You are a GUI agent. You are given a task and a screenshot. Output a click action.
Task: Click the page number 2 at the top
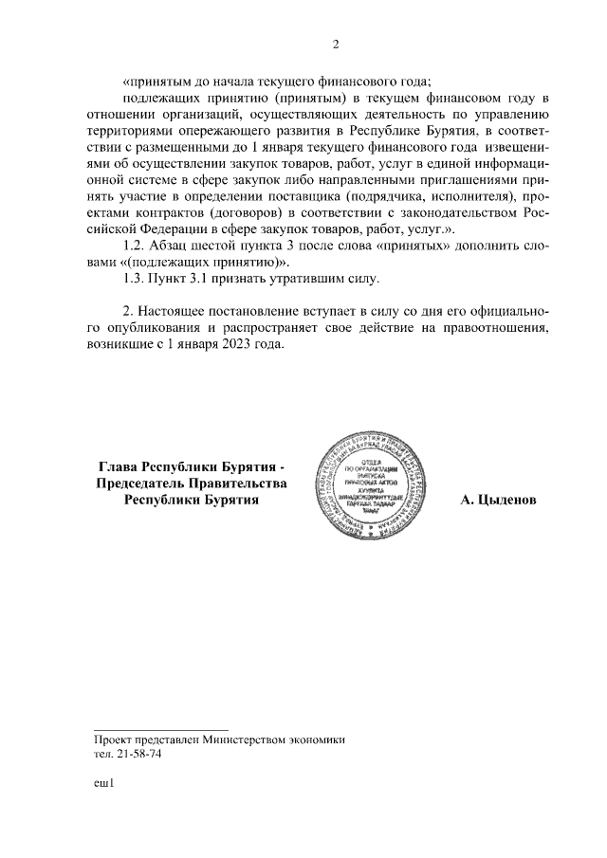pyautogui.click(x=335, y=44)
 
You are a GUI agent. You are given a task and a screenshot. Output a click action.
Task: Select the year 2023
pyautogui.click(x=240, y=345)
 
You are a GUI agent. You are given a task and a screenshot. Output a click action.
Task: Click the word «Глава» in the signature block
pyautogui.click(x=119, y=467)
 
